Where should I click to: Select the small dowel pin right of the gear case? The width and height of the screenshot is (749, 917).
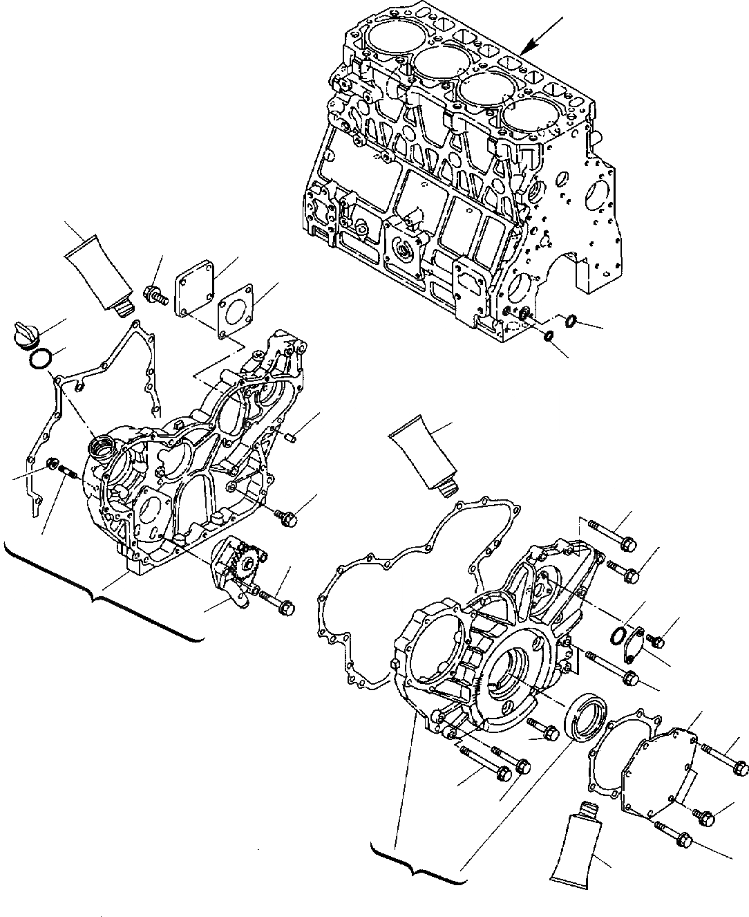click(x=291, y=436)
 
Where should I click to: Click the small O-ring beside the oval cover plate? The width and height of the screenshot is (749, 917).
click(x=618, y=635)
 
